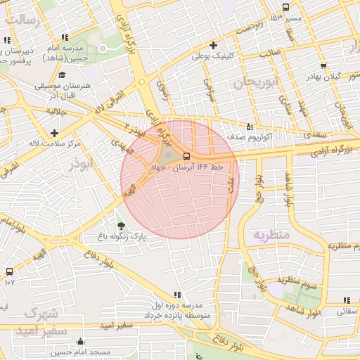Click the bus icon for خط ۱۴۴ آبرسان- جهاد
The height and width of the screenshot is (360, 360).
(x=186, y=155)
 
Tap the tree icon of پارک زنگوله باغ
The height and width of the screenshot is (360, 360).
(x=122, y=226)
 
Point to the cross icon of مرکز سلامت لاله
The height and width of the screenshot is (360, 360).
(x=54, y=132)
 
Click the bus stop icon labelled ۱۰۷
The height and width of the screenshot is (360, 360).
(x=9, y=271)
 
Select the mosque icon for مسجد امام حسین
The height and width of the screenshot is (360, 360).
(x=86, y=341)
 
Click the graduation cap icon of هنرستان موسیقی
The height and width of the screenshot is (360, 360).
(x=62, y=75)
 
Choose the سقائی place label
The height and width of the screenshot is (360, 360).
(x=347, y=310)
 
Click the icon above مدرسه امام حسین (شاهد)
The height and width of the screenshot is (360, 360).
(x=65, y=37)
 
